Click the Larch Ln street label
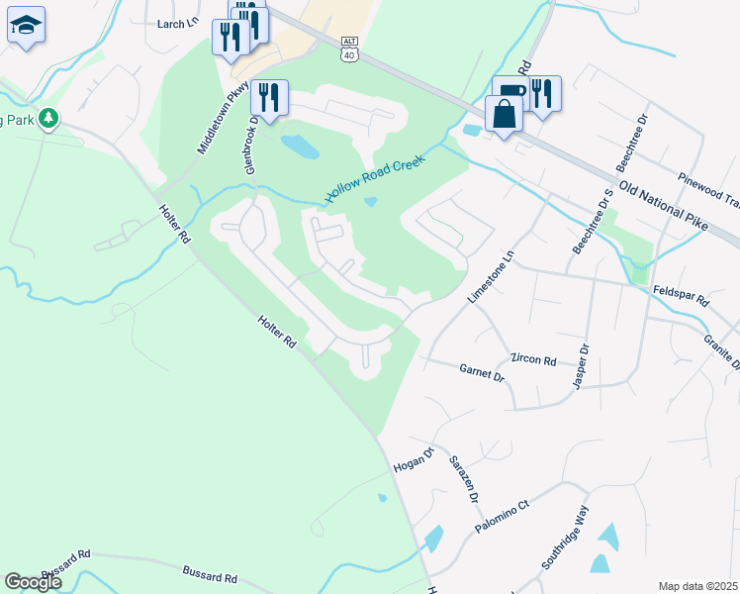178,23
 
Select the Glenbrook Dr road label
252,145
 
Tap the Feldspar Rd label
683,297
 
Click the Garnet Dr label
483,372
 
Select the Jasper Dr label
581,365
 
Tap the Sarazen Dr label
465,480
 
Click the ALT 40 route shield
348,48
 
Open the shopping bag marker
505,114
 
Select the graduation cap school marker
26,26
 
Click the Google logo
34,582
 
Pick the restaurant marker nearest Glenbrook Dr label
269,97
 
